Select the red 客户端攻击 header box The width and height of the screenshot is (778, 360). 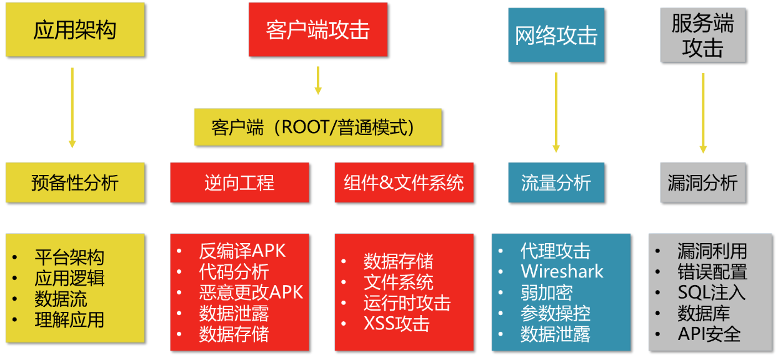(317, 29)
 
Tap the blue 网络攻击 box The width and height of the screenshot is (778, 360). (556, 35)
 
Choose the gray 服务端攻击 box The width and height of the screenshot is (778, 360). (702, 35)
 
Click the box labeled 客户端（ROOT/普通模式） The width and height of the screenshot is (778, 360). (317, 127)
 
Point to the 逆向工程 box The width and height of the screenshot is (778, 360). (239, 182)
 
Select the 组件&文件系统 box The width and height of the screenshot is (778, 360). (404, 182)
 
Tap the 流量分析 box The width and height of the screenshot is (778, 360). (556, 182)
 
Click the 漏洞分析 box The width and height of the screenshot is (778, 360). (702, 182)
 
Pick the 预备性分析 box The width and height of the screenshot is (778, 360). (75, 182)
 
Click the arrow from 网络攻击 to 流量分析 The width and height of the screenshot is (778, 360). (556, 112)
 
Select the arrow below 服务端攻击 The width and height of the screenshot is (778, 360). (703, 112)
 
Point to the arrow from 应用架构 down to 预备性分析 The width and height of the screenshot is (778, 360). (72, 107)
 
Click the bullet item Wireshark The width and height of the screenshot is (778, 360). (562, 272)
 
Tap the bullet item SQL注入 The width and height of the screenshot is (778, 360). (711, 292)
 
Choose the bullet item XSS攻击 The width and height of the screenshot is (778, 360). (396, 324)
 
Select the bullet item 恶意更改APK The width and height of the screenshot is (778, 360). (251, 292)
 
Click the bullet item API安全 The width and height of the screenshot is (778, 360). (709, 334)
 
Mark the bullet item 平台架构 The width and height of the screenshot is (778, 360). (69, 257)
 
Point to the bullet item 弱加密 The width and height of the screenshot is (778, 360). (546, 292)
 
